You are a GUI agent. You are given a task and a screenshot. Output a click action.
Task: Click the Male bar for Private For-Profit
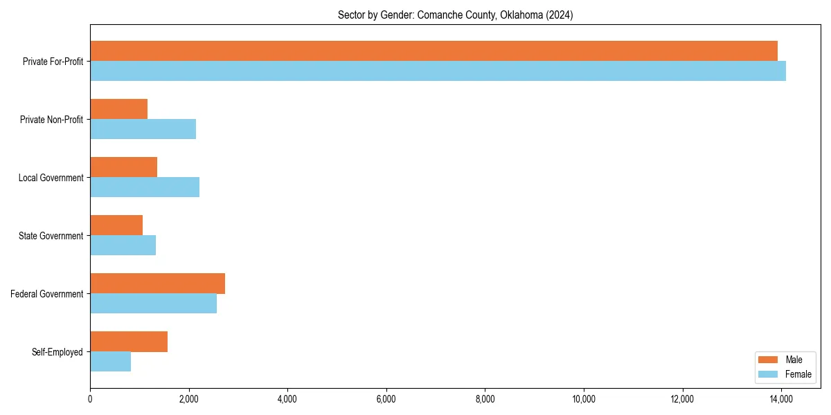(x=434, y=51)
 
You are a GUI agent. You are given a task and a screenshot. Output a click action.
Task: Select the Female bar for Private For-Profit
(x=438, y=71)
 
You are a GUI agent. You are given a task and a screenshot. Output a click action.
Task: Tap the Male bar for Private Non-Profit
(x=118, y=109)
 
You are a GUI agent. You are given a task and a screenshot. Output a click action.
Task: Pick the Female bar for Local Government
(x=145, y=187)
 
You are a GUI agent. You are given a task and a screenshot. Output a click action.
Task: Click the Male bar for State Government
(x=116, y=225)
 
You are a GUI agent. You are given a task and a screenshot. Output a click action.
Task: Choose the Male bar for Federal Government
(x=157, y=284)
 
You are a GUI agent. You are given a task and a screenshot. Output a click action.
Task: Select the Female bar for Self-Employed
(x=110, y=362)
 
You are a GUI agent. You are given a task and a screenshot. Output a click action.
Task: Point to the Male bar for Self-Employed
(x=129, y=342)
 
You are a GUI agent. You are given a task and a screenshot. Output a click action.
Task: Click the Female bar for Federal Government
(x=153, y=304)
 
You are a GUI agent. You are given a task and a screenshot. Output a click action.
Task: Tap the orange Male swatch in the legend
(x=769, y=360)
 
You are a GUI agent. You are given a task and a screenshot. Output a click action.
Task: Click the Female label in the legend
(x=798, y=374)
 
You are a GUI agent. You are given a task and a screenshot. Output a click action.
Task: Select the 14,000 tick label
(x=781, y=398)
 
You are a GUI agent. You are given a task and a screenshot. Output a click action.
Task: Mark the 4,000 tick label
(x=287, y=398)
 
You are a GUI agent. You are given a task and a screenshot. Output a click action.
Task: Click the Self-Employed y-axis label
(x=57, y=352)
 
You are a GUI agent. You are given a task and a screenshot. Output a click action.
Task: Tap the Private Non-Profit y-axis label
(x=51, y=120)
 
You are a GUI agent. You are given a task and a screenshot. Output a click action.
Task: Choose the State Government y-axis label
(x=51, y=236)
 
